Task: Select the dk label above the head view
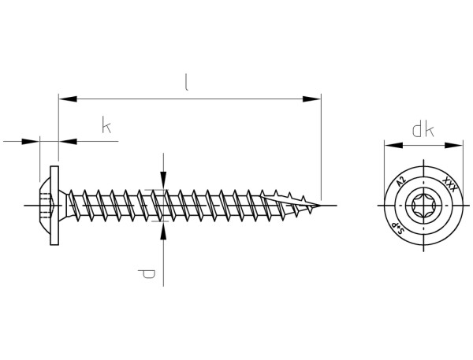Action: (423, 130)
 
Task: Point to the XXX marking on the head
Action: (449, 186)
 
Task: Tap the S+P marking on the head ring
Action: (399, 228)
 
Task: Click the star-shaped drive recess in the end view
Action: (423, 206)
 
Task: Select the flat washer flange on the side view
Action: (54, 206)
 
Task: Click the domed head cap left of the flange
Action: (44, 206)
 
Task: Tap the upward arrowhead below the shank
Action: (163, 229)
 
